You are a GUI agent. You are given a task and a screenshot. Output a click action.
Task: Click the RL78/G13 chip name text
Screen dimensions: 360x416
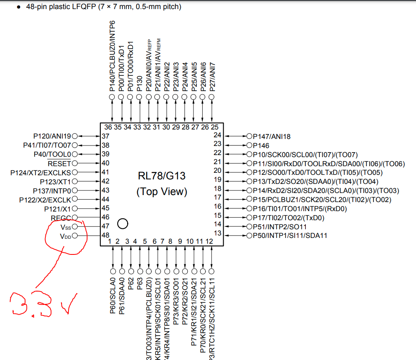pos(161,176)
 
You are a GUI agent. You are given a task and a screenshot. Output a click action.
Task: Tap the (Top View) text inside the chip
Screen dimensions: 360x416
pos(161,192)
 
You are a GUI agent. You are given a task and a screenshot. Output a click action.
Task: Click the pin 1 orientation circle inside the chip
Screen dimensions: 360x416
pos(123,224)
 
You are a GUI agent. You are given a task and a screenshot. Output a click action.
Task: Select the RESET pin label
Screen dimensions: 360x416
pos(59,163)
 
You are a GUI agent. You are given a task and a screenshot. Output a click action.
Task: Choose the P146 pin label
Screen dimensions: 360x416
pos(261,145)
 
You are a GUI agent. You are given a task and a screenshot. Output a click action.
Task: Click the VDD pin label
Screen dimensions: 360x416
pos(66,236)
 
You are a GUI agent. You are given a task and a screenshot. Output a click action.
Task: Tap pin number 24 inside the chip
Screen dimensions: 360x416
pos(217,135)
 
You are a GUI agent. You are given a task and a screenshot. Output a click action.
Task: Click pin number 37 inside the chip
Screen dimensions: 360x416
pos(105,136)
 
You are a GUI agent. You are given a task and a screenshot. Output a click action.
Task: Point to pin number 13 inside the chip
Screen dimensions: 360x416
pos(217,234)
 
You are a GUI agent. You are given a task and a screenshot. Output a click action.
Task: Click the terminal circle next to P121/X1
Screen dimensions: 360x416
pos(75,209)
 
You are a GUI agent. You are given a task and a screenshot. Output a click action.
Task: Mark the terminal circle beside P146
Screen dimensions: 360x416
pos(249,145)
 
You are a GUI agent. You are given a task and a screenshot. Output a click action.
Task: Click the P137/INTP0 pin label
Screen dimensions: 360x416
pos(52,191)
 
